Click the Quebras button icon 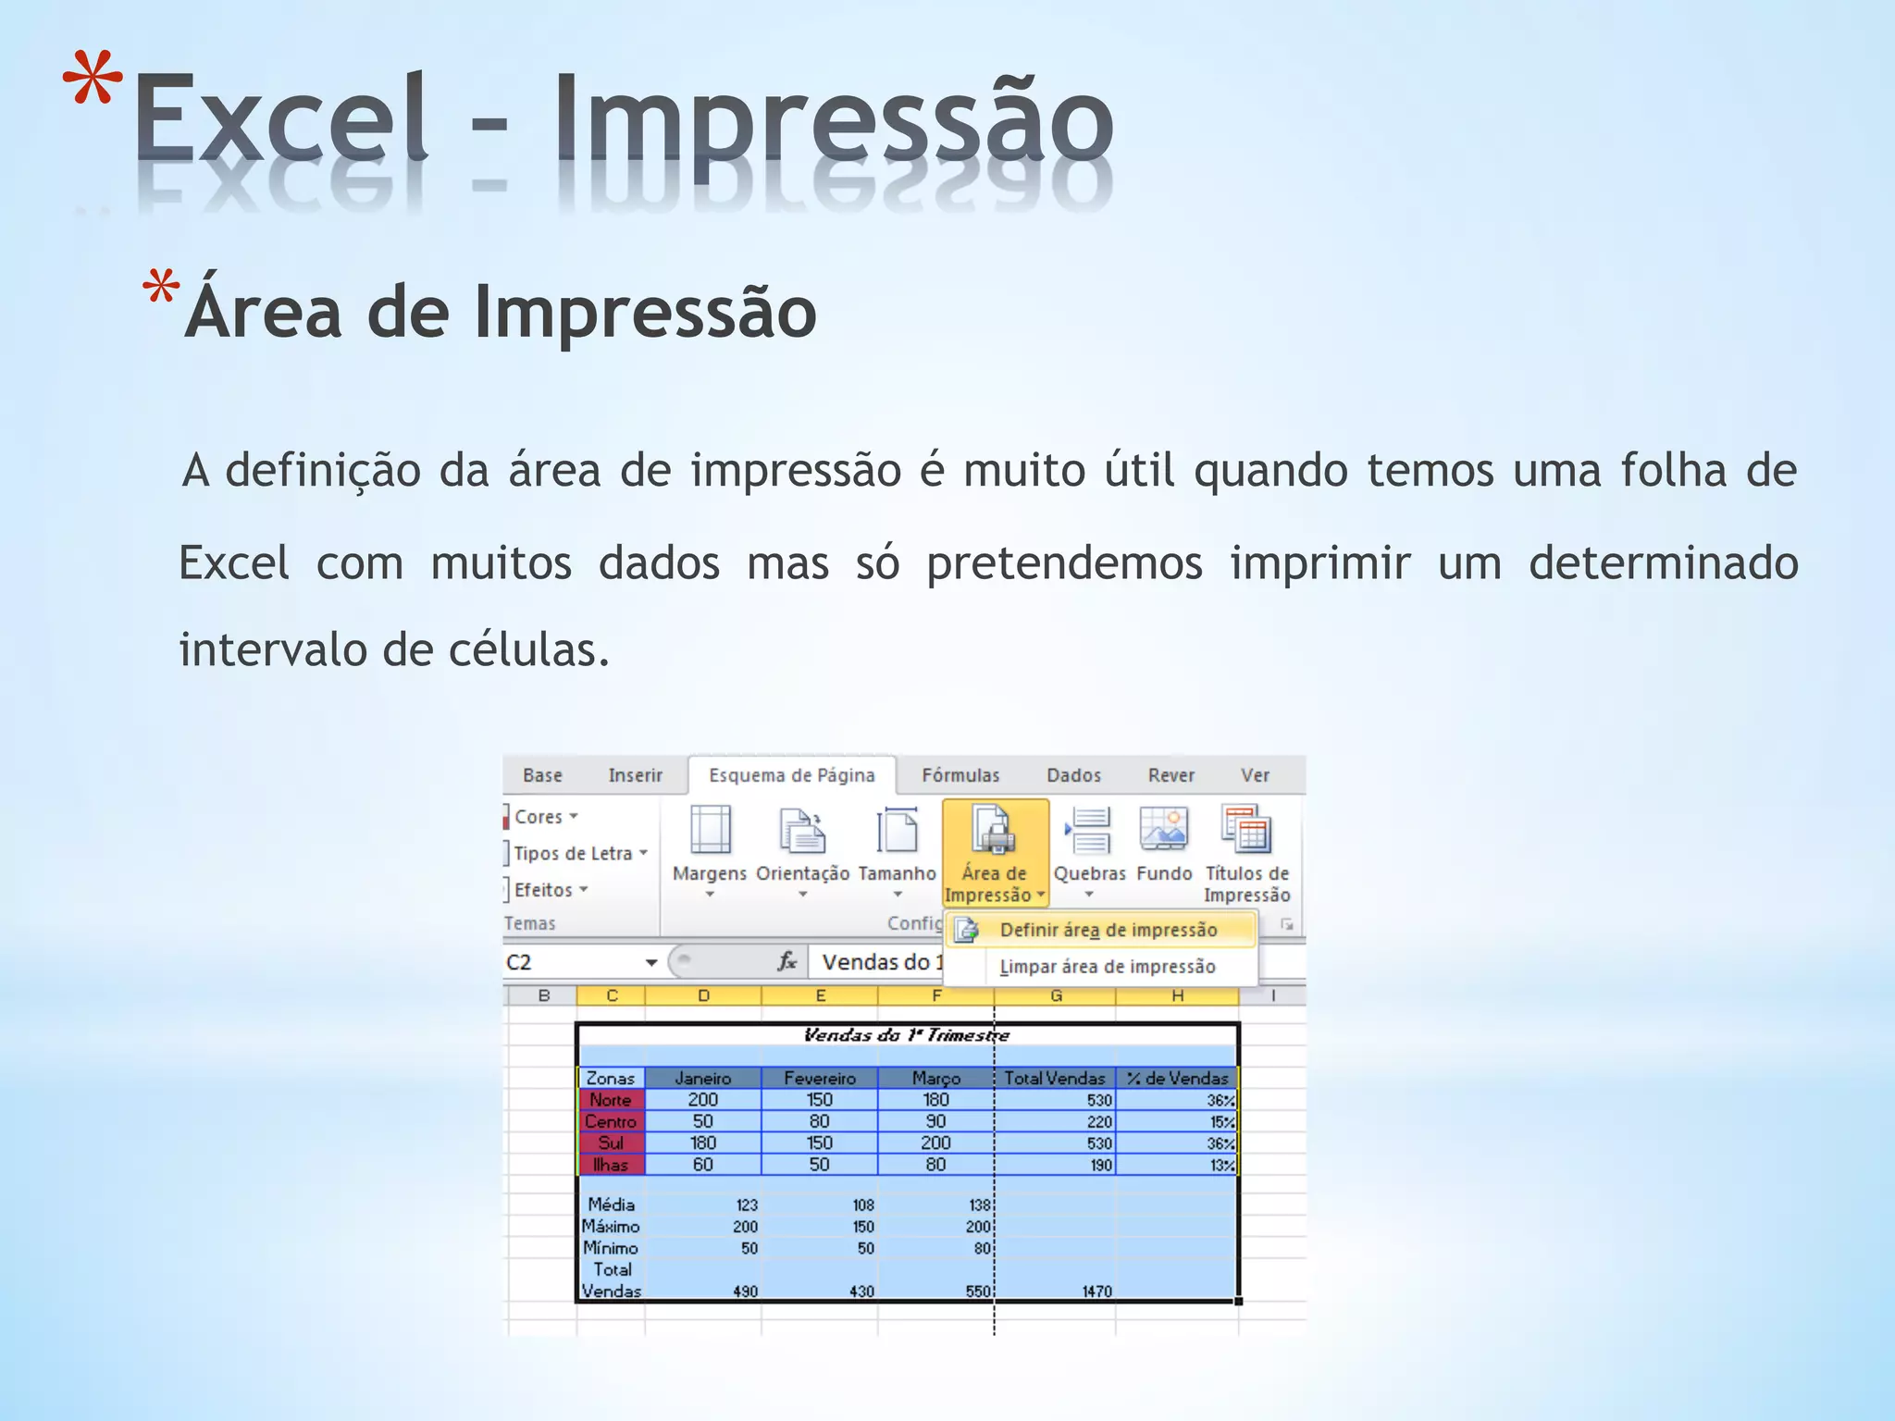(x=1089, y=830)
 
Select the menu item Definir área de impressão (x=1108, y=930)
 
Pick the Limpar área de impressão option (x=1107, y=967)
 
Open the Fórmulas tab (x=960, y=775)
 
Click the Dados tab (x=1073, y=775)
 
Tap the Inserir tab (x=635, y=775)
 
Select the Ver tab (x=1255, y=775)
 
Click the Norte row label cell (x=611, y=1100)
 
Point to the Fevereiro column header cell (x=819, y=1078)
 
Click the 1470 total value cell (x=1096, y=1291)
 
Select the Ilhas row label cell (x=611, y=1165)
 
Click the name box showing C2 (x=574, y=962)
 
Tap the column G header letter (x=1056, y=996)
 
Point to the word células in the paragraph (x=528, y=649)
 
